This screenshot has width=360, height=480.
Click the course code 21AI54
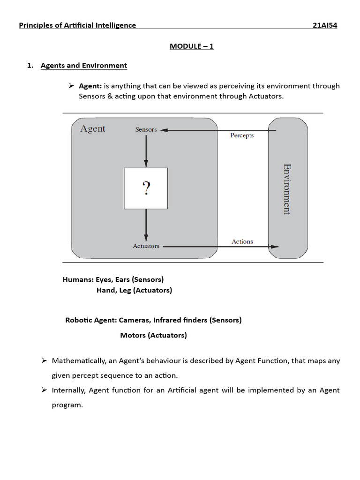(x=324, y=25)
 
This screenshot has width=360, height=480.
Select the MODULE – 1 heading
(x=191, y=46)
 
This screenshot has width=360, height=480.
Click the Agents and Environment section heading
(x=83, y=66)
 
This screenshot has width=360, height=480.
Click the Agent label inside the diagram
(x=93, y=128)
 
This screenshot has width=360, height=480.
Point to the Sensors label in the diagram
(x=146, y=129)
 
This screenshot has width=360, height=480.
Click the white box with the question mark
(x=146, y=188)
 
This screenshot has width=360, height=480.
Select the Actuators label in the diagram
(x=146, y=246)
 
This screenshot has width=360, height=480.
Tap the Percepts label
(x=242, y=135)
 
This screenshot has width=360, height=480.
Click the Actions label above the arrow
(x=242, y=241)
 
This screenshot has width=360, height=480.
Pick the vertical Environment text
(x=286, y=189)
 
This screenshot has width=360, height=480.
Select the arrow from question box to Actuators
(x=146, y=225)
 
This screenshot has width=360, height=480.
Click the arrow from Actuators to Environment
(x=220, y=247)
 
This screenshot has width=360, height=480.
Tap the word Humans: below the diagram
(x=78, y=279)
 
